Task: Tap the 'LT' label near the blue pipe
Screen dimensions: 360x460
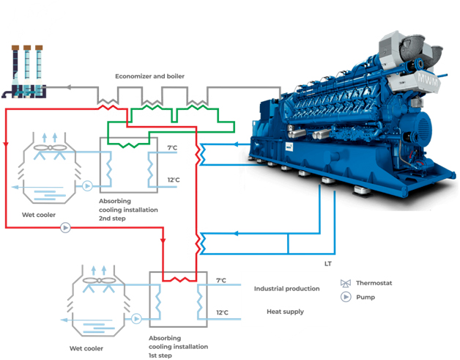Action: (x=328, y=262)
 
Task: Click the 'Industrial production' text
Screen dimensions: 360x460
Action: (x=286, y=289)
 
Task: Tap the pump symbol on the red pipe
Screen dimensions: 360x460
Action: (x=65, y=228)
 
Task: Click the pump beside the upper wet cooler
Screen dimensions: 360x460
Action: (x=86, y=186)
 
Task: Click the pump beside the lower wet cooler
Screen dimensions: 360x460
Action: (x=136, y=319)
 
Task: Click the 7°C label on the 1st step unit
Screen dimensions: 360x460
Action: (x=222, y=281)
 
